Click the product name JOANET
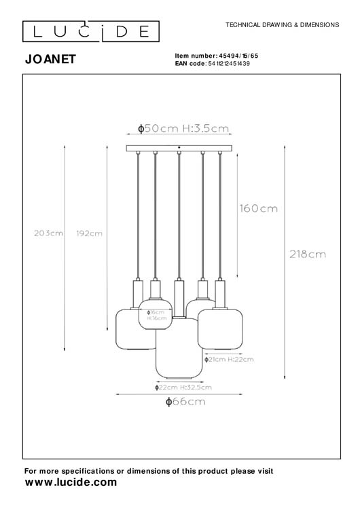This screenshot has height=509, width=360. point(50,60)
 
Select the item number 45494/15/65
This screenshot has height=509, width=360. point(234,56)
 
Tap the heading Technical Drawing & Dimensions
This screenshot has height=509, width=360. point(282,24)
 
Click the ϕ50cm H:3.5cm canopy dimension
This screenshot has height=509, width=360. point(182,128)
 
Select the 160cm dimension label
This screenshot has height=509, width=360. point(257,208)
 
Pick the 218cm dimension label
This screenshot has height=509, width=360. point(307,254)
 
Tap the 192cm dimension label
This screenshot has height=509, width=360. point(88,233)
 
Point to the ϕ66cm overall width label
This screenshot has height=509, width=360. point(185,402)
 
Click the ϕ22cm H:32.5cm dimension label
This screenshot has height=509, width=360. point(182,387)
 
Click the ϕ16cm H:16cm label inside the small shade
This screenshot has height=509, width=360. point(157,315)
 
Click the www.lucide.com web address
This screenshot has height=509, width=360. point(71,482)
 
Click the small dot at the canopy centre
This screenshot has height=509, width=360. point(179,147)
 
